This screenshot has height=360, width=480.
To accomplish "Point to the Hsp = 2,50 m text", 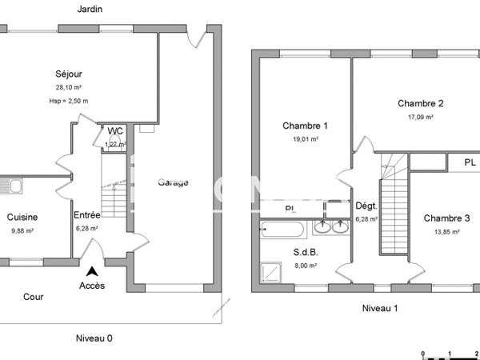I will pos(68,101).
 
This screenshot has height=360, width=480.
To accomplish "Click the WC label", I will pos(115,131).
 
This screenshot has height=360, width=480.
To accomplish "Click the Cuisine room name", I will pos(22,217).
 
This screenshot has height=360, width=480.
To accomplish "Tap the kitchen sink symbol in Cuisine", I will pos(10,187).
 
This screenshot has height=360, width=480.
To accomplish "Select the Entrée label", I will pos(87,215).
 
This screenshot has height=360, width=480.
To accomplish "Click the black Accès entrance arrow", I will pos(94,272).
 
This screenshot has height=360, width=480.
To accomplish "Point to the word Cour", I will pos(34,297).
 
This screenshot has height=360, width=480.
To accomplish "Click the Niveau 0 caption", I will pos(94,338).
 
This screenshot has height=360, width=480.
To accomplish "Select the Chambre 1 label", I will pos(305,126).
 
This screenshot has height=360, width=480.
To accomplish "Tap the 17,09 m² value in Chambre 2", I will pos(420,117).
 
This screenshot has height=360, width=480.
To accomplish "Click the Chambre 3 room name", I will pos(446,218).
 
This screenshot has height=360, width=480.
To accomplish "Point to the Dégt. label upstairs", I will pos(366,206).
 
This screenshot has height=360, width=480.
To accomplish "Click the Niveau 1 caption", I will pos(379,308).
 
